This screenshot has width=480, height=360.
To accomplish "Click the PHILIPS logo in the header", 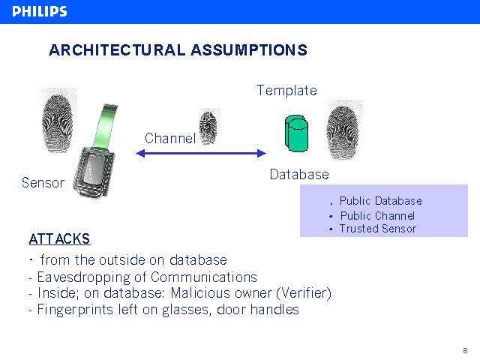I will pyautogui.click(x=40, y=11).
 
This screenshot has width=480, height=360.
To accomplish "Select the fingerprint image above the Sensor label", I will pyautogui.click(x=58, y=116).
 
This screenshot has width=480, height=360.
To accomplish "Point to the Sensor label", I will pyautogui.click(x=43, y=183).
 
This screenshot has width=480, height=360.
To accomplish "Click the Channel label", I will pyautogui.click(x=169, y=138).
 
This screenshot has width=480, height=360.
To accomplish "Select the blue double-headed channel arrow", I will pyautogui.click(x=201, y=154).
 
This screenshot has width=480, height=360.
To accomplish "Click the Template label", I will pyautogui.click(x=286, y=91).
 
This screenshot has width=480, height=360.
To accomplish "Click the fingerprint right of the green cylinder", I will pyautogui.click(x=345, y=131).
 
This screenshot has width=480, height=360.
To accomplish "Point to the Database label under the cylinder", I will pyautogui.click(x=299, y=175).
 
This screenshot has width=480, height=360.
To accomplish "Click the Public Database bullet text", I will pyautogui.click(x=380, y=201).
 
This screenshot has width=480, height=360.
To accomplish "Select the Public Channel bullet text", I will pyautogui.click(x=377, y=216).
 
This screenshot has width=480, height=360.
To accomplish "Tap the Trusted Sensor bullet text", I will pyautogui.click(x=377, y=229).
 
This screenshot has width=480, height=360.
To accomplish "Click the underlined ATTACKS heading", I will pyautogui.click(x=59, y=239).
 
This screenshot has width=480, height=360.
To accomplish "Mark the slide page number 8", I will pyautogui.click(x=465, y=350).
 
